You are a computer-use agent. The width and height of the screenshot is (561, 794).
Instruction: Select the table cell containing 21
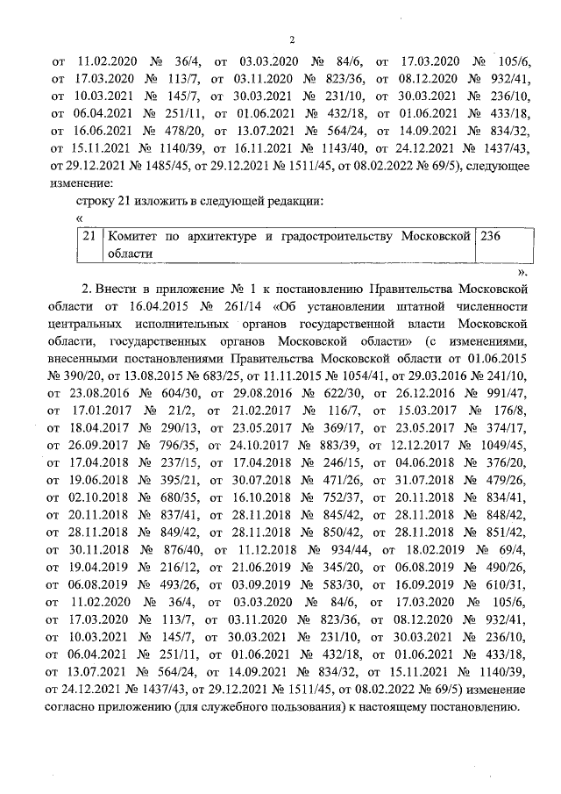(88, 236)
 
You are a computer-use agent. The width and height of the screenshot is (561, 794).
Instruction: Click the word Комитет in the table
(134, 236)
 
